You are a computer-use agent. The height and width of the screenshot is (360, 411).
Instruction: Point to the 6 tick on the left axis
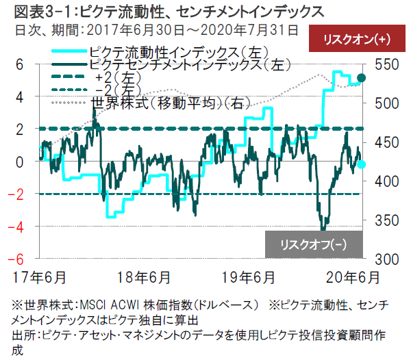pyautogui.click(x=21, y=64)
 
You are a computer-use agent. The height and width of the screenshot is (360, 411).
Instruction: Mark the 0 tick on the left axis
pyautogui.click(x=21, y=162)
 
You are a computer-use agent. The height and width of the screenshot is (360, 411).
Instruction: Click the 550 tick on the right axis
pyautogui.click(x=382, y=64)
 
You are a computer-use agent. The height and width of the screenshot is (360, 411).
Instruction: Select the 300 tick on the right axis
pyautogui.click(x=382, y=259)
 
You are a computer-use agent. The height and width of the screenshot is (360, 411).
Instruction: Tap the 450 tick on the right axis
pyautogui.click(x=382, y=142)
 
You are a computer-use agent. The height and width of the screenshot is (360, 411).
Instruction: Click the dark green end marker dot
pyautogui.click(x=362, y=77)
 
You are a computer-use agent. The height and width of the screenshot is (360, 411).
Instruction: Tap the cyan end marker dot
pyautogui.click(x=362, y=164)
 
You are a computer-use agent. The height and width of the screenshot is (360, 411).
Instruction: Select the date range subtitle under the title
pyautogui.click(x=151, y=29)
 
